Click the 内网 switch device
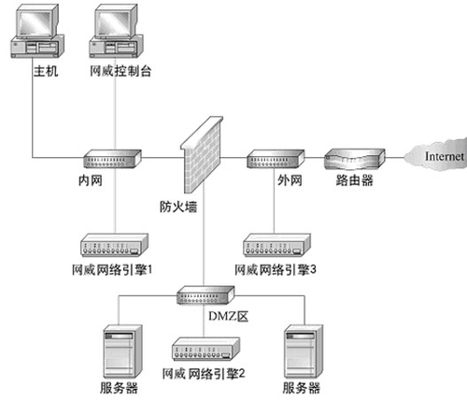click(110, 158)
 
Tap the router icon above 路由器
click(354, 158)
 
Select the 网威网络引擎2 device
click(203, 351)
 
